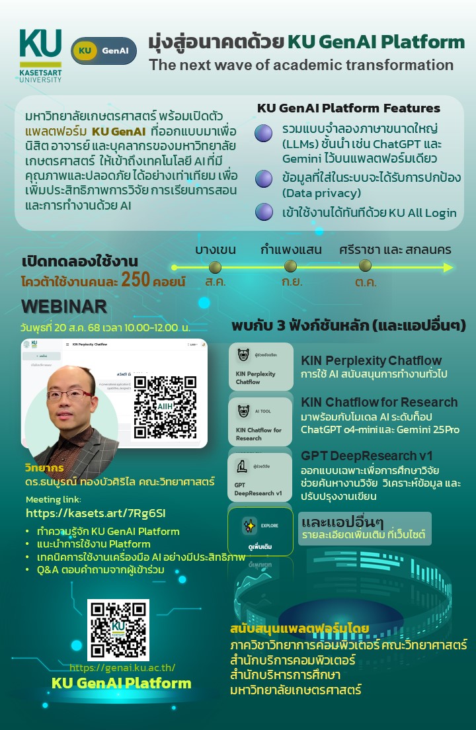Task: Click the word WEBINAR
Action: click(64, 306)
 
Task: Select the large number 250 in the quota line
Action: click(135, 280)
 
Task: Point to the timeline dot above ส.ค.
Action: click(214, 266)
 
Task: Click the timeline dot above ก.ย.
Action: click(290, 266)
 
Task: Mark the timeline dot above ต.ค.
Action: click(365, 265)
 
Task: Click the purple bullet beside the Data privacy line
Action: click(264, 179)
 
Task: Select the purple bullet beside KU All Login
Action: click(264, 212)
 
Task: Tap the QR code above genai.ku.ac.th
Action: click(119, 631)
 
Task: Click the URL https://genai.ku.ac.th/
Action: click(122, 669)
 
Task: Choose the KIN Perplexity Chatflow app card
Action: click(260, 366)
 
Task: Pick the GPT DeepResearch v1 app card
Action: click(260, 477)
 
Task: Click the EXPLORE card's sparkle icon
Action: click(249, 526)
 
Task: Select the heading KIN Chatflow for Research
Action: click(379, 402)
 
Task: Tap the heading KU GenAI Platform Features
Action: click(348, 108)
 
